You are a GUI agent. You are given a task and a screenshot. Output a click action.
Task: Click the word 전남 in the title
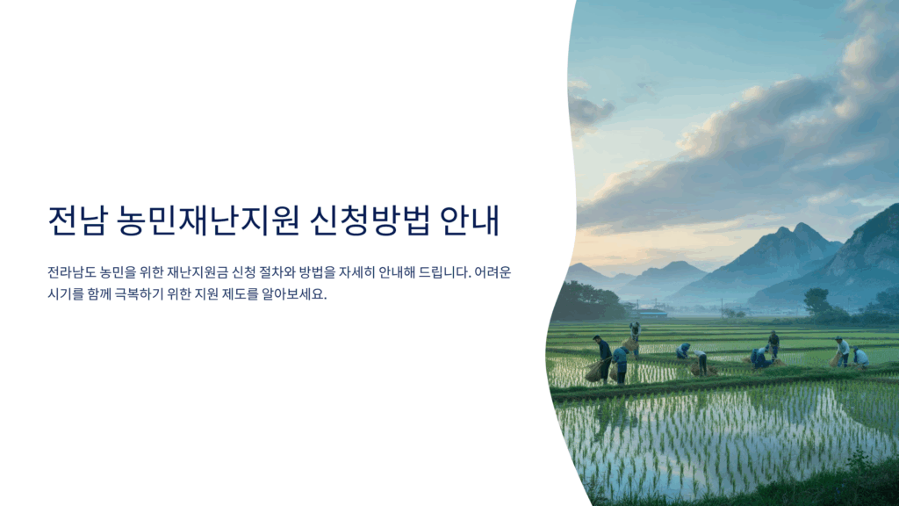pyautogui.click(x=77, y=220)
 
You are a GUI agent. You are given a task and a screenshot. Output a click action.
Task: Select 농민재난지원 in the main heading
pyautogui.click(x=208, y=220)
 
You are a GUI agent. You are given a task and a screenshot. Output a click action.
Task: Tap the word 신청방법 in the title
pyautogui.click(x=370, y=220)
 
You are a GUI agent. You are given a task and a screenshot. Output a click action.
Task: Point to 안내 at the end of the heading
pyautogui.click(x=471, y=220)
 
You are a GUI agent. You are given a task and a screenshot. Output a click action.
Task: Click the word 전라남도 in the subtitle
pyautogui.click(x=72, y=272)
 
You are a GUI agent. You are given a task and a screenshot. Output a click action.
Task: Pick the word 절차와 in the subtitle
pyautogui.click(x=277, y=272)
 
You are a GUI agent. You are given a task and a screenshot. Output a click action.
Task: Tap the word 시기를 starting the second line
pyautogui.click(x=65, y=294)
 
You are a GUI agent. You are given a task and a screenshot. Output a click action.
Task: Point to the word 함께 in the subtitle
pyautogui.click(x=98, y=294)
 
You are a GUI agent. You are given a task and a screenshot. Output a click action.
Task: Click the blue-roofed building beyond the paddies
pyautogui.click(x=652, y=313)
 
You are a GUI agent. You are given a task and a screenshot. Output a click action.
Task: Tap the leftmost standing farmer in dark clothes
pyautogui.click(x=604, y=358)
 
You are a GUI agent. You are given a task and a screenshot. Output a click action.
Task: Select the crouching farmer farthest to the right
pyautogui.click(x=859, y=357)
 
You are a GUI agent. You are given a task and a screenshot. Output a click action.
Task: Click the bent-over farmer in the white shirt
pyautogui.click(x=701, y=362)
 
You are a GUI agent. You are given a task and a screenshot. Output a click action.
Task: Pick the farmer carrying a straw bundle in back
pyautogui.click(x=634, y=338)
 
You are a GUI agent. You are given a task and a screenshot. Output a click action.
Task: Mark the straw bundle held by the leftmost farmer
pyautogui.click(x=594, y=371)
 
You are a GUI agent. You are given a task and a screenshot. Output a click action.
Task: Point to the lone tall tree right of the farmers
pyautogui.click(x=816, y=301)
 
